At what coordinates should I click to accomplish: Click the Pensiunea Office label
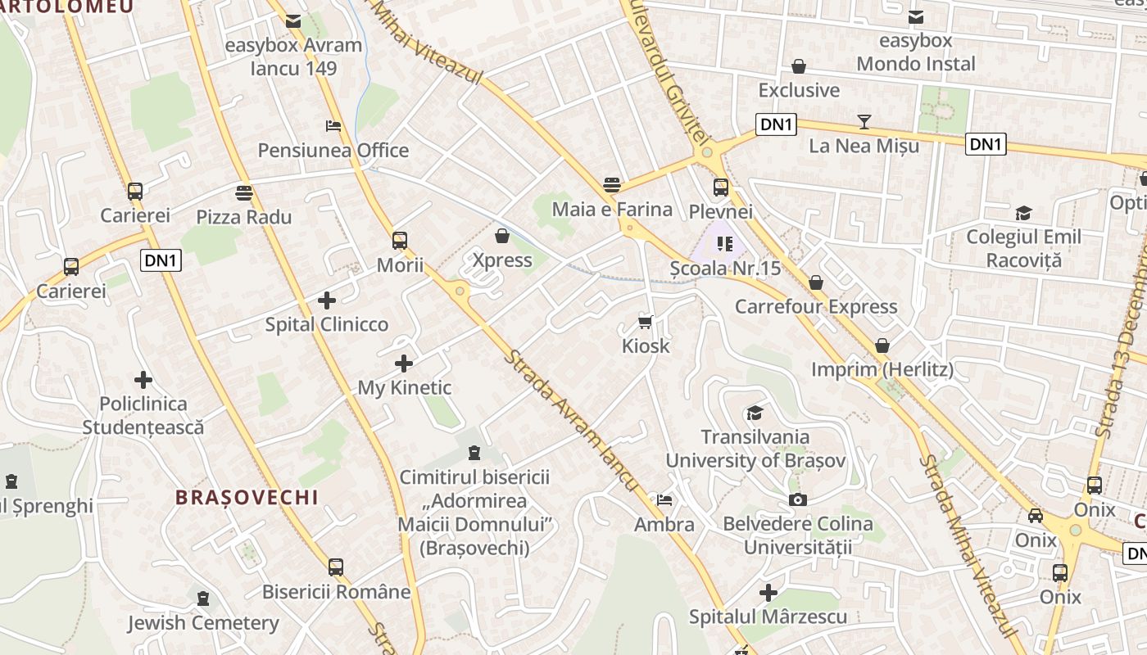(333, 151)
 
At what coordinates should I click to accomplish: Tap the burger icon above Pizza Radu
(243, 193)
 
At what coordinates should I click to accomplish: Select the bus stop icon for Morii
(400, 241)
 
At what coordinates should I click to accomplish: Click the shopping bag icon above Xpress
(502, 236)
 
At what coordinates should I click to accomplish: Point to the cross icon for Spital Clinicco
(327, 300)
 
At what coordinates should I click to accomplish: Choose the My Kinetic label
(405, 387)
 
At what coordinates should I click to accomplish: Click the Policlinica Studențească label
(143, 415)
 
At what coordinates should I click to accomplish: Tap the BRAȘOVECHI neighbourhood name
(247, 497)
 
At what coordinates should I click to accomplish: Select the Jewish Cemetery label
(203, 623)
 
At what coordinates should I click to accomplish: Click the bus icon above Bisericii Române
(336, 567)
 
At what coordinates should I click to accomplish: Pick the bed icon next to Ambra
(664, 499)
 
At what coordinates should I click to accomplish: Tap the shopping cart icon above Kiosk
(646, 322)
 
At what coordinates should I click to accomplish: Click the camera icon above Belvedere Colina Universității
(797, 499)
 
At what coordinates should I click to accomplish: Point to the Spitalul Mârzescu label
(768, 616)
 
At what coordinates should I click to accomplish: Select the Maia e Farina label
(612, 209)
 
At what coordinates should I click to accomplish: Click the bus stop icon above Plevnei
(721, 187)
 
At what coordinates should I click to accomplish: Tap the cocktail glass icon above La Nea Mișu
(864, 122)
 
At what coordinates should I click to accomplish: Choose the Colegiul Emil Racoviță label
(1023, 248)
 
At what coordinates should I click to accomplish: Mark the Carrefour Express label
(816, 307)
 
